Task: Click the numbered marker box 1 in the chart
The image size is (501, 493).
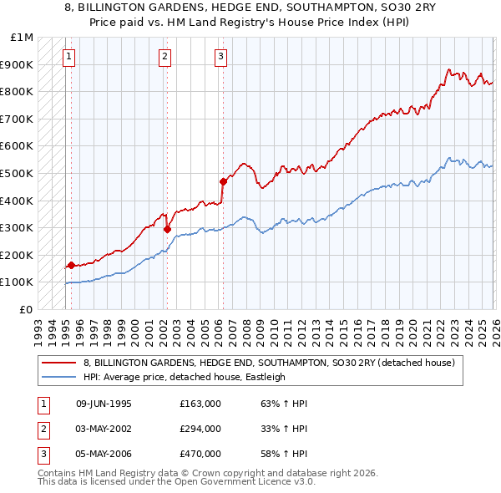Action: (68, 57)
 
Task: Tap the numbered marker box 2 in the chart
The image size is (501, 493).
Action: (164, 57)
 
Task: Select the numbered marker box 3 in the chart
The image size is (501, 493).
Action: (220, 57)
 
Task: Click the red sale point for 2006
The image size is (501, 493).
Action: (223, 181)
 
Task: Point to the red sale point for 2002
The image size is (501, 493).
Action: (167, 229)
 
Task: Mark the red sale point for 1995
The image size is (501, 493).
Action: (71, 265)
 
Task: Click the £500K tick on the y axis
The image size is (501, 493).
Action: (18, 173)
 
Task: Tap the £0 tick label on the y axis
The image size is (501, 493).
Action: (27, 309)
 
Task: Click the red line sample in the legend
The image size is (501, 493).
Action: (60, 363)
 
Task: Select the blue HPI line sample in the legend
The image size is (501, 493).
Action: (60, 377)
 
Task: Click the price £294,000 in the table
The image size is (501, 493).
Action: (200, 429)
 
